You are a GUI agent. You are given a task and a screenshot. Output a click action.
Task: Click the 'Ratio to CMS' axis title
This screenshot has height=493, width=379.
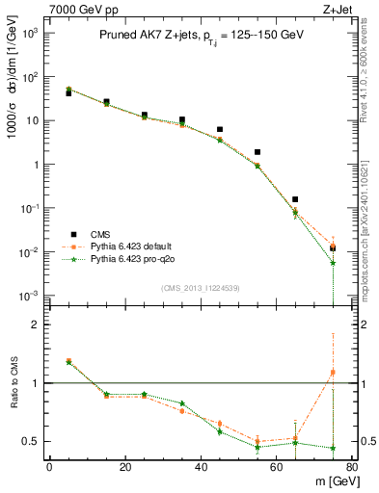pos(13,384)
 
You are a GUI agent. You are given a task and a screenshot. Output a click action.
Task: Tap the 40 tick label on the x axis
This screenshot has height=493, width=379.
pos(201,468)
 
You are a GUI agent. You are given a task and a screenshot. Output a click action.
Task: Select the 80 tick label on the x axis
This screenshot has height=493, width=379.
pos(351,468)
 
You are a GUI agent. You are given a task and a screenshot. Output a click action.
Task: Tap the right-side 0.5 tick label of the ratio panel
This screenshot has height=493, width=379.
pos(367,441)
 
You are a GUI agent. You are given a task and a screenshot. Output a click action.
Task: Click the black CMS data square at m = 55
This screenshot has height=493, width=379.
pos(257,152)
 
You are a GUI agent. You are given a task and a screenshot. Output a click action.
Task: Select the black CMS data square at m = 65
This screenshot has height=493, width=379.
pos(295,199)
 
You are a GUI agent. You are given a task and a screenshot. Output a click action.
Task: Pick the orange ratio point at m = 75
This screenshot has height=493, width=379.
pos(333,372)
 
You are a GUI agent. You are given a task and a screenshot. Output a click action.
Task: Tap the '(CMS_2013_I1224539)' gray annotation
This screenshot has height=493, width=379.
pos(200,288)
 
